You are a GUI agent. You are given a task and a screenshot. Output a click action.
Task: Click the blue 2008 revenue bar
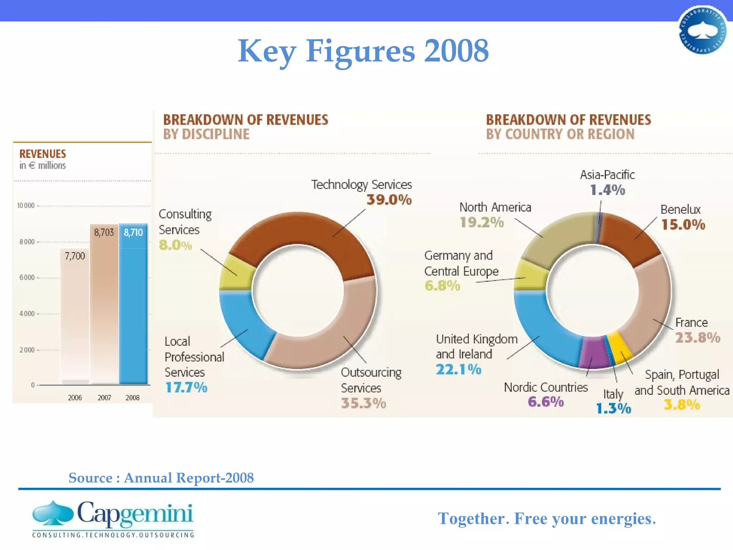133,308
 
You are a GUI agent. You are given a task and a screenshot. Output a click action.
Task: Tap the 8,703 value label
104,233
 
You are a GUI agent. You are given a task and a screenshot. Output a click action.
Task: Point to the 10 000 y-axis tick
26,206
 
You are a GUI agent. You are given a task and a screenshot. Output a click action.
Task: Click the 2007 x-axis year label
104,398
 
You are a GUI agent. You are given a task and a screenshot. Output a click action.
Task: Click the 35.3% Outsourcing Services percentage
363,403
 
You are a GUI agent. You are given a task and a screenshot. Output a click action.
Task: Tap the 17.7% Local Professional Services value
186,387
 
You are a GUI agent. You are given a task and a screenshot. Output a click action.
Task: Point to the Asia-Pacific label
607,175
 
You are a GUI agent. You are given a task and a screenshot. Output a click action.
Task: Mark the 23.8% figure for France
698,338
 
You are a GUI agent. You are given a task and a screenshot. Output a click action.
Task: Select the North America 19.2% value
482,222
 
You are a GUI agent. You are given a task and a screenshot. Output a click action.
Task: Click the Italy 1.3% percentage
613,409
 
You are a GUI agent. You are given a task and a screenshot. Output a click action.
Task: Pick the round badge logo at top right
703,30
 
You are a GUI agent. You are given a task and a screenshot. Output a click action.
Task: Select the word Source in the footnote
91,478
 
